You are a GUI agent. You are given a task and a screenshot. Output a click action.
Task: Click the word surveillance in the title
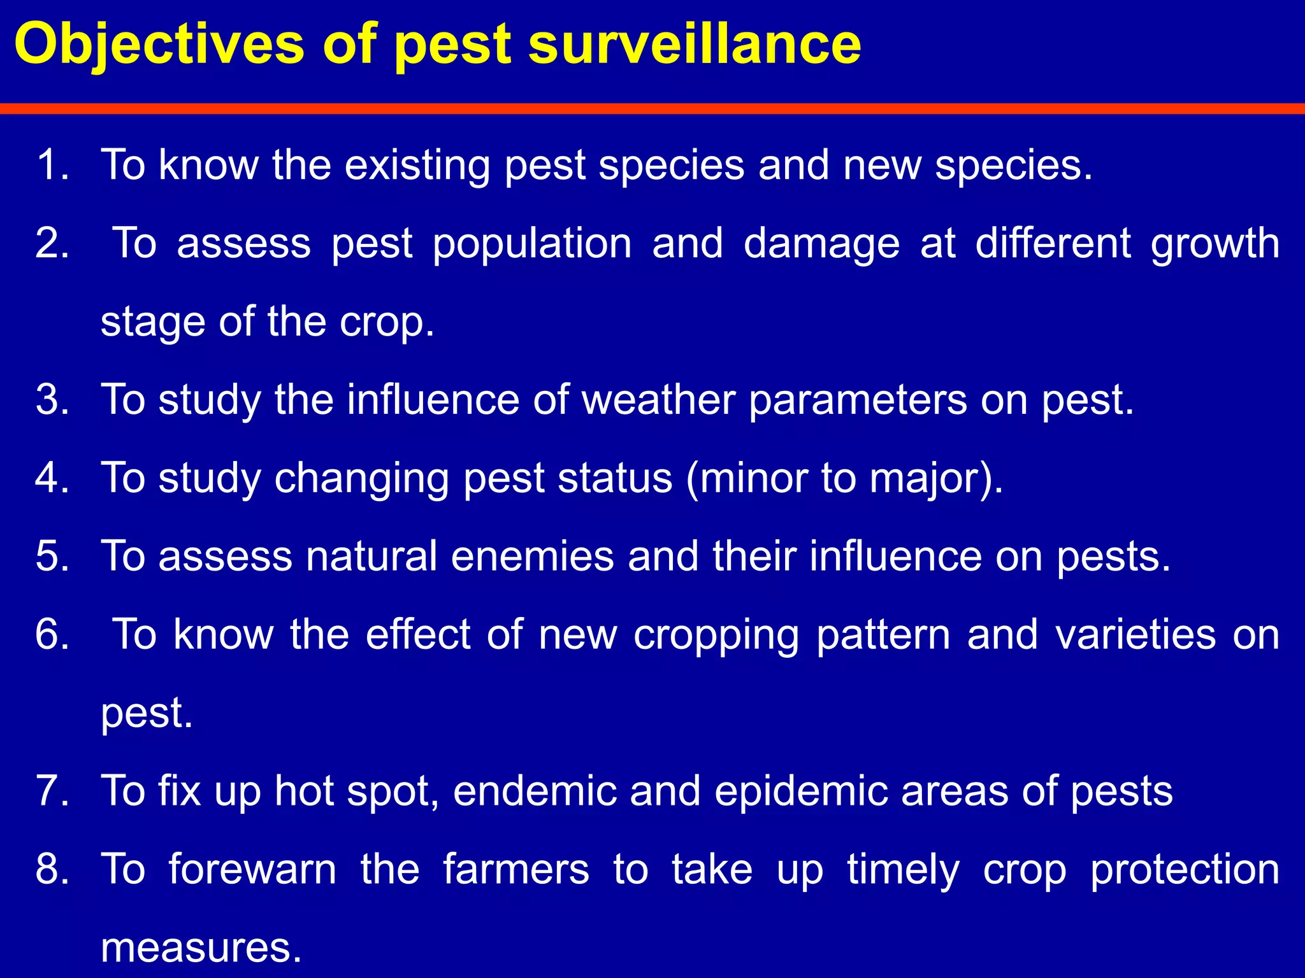pos(695,45)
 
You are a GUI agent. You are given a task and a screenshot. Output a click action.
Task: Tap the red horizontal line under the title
pos(652,109)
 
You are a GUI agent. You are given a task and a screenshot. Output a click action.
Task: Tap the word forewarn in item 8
pos(252,870)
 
